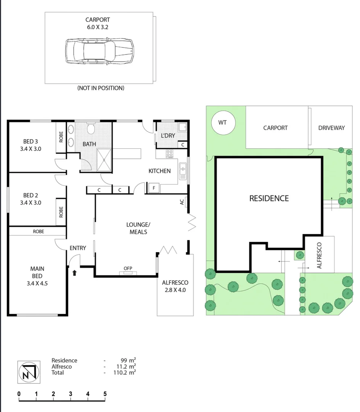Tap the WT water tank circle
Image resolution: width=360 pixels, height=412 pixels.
pos(222,122)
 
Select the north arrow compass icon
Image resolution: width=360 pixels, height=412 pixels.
pos(29,372)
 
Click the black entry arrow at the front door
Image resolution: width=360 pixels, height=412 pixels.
pos(75,272)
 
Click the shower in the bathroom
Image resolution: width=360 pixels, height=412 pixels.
pos(104,160)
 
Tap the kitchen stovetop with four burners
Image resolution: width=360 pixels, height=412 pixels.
pos(170,154)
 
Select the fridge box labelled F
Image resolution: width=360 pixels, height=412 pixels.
pos(154,188)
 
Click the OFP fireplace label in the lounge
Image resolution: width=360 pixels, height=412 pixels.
pos(128,269)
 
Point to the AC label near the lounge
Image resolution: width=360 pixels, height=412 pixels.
pos(182,201)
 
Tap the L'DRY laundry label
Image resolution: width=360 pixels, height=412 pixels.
pos(168,135)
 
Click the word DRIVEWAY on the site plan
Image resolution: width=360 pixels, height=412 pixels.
pos(331,128)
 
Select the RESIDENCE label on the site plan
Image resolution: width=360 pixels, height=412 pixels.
pos(269,198)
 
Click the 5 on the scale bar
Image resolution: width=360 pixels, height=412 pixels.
pos(105,394)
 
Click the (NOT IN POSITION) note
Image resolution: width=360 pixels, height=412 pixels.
pos(101,88)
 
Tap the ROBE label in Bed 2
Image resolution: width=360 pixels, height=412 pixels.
pos(61,212)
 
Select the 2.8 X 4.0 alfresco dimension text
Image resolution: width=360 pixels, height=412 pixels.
pos(175,290)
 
